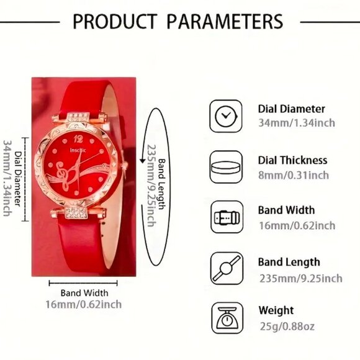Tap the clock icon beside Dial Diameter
[225, 115]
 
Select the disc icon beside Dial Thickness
[225, 167]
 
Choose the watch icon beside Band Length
[225, 269]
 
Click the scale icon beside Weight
[225, 318]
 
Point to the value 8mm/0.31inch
[293, 175]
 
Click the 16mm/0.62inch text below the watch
[84, 304]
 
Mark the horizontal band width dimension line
[84, 283]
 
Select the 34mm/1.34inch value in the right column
[296, 123]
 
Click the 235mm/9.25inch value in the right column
[300, 277]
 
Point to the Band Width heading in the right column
[286, 210]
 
